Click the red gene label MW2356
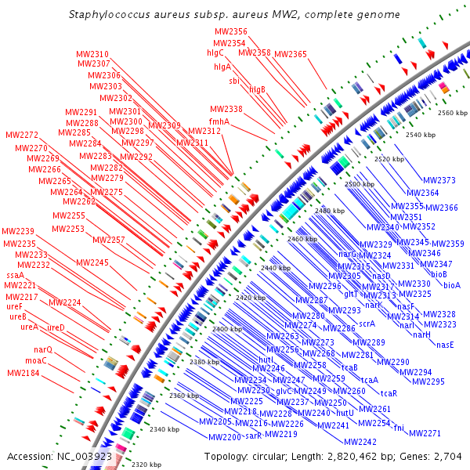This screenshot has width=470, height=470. (230, 31)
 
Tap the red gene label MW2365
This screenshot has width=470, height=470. (291, 54)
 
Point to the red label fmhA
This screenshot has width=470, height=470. (219, 121)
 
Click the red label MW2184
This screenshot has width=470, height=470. (23, 374)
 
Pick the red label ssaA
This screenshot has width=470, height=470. (16, 276)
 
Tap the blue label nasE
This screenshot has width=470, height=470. (445, 345)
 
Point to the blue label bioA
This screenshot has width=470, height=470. (452, 285)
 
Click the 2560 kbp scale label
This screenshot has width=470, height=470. (452, 114)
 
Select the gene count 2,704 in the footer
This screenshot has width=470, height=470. (449, 456)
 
